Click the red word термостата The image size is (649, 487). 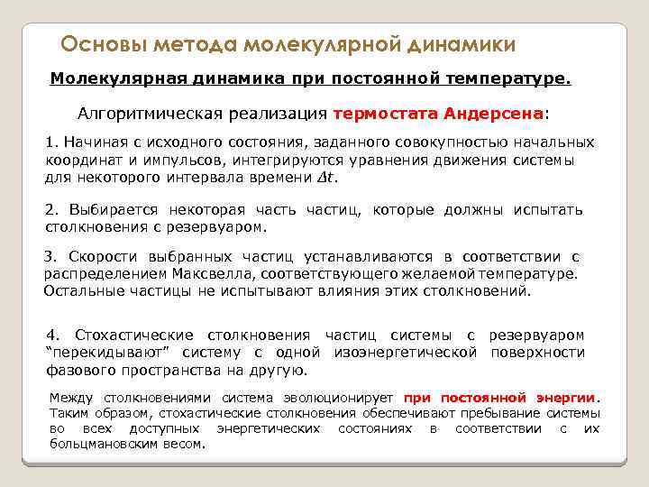(x=385, y=115)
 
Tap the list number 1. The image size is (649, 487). (x=50, y=143)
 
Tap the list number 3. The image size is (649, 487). (x=50, y=256)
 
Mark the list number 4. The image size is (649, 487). (x=50, y=335)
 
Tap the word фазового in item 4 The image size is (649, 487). (x=80, y=369)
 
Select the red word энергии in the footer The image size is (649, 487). (x=566, y=398)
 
